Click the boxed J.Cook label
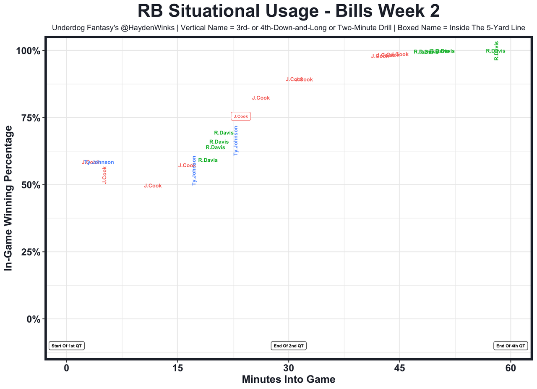tap(241, 116)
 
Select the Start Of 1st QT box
tap(67, 346)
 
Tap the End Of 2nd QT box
tap(289, 346)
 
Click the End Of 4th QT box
tap(510, 346)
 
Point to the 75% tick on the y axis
tap(30, 118)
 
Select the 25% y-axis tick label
tap(30, 252)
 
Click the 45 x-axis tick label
tap(399, 368)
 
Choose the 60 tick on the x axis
tap(511, 368)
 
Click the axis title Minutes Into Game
tap(288, 379)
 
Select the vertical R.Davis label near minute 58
tap(496, 50)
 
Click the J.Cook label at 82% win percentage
tap(261, 98)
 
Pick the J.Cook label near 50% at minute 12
tap(153, 186)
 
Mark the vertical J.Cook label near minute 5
tap(104, 175)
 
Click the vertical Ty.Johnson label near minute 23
tap(236, 141)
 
